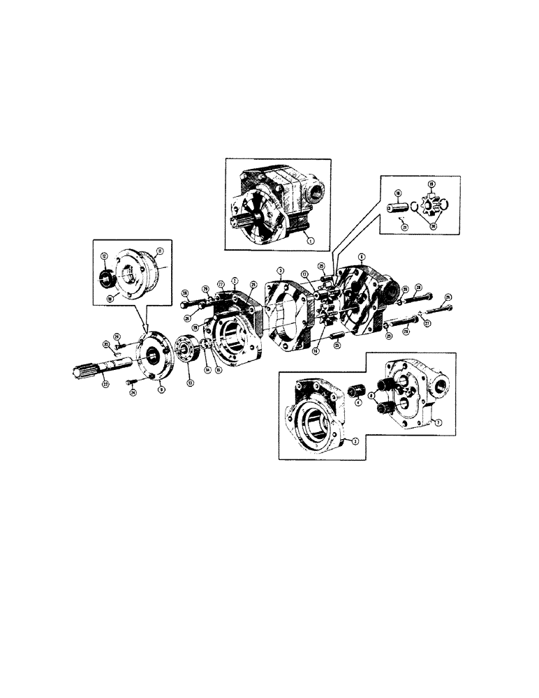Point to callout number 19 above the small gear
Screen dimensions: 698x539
(x=430, y=183)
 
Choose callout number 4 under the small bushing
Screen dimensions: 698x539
(x=358, y=402)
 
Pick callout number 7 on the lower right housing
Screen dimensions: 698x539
(x=437, y=422)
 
